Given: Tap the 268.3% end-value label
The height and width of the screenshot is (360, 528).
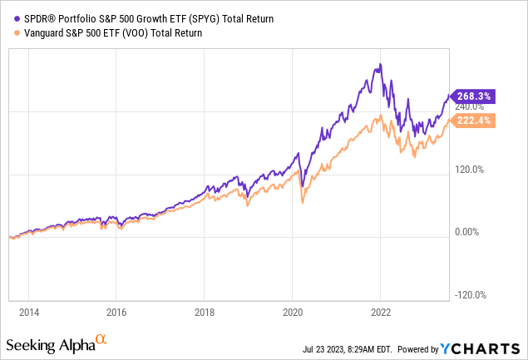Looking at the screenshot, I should [x=471, y=96].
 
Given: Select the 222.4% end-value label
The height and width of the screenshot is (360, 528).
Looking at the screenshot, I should [x=471, y=121].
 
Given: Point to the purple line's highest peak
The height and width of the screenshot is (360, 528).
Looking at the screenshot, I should [x=380, y=64].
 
